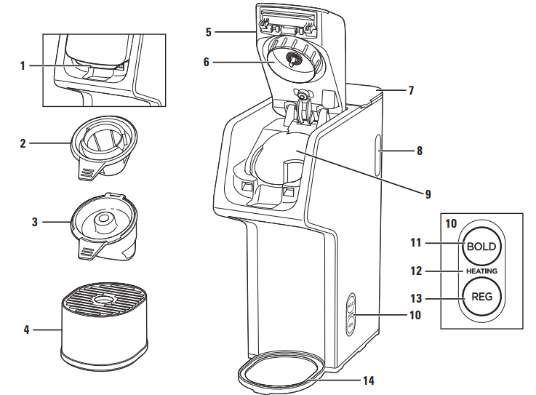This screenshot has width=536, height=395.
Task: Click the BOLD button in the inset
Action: coord(481,246)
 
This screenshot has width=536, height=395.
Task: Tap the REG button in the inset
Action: coord(481,298)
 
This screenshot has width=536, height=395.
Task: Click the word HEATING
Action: coord(481,271)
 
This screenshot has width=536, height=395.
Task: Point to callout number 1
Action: coord(23,65)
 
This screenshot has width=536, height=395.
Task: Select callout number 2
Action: coord(23,143)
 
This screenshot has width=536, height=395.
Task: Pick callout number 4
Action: coord(27,330)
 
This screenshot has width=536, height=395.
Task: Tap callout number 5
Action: coord(208,32)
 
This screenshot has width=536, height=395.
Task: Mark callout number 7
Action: coord(411,91)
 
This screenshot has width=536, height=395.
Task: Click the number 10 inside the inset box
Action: coord(452,223)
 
